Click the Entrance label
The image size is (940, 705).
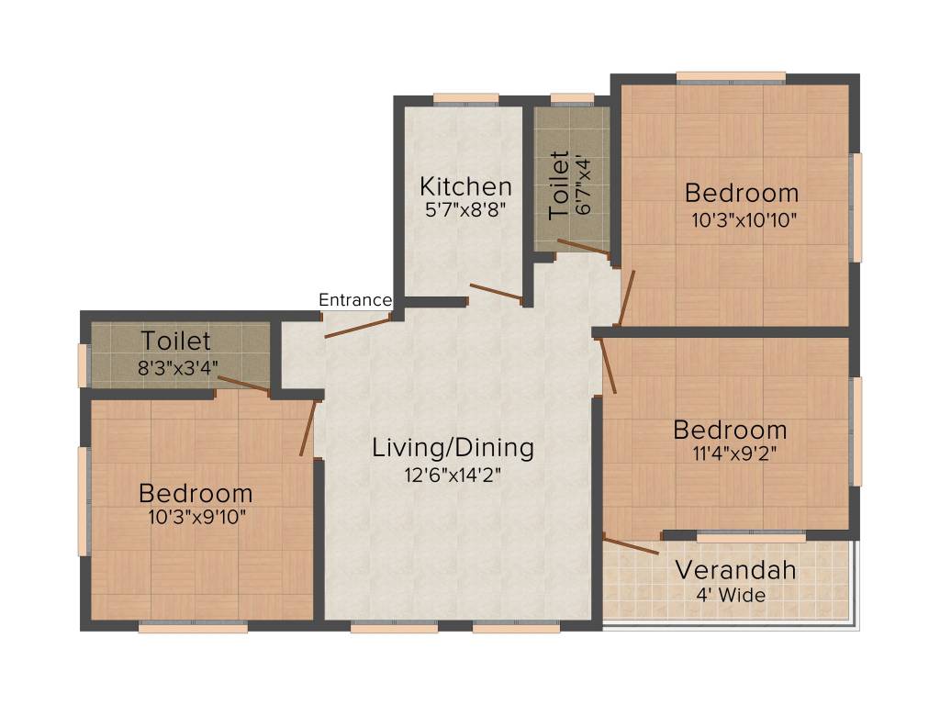point(355,300)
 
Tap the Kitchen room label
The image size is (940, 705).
point(465,186)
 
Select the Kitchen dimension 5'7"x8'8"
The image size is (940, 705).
point(465,210)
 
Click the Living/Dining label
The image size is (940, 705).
point(453,448)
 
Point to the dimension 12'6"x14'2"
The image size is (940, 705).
point(453,476)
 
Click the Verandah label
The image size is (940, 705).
point(735,570)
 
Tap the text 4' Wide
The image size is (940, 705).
point(731,595)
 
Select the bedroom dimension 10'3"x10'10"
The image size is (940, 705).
point(744,220)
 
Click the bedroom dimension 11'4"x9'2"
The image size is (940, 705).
point(735,453)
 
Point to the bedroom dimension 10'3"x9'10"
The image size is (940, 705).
point(197,517)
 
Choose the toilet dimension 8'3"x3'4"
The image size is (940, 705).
point(178,367)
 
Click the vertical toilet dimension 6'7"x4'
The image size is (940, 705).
point(583,186)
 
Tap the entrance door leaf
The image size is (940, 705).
point(358,328)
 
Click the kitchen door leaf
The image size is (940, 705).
point(497,292)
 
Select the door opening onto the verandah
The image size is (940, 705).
point(631,544)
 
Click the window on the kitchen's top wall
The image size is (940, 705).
point(465,98)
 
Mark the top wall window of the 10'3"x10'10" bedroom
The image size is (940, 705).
point(731,77)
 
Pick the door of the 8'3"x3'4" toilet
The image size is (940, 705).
point(243,385)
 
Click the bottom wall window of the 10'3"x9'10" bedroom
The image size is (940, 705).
point(193,627)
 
